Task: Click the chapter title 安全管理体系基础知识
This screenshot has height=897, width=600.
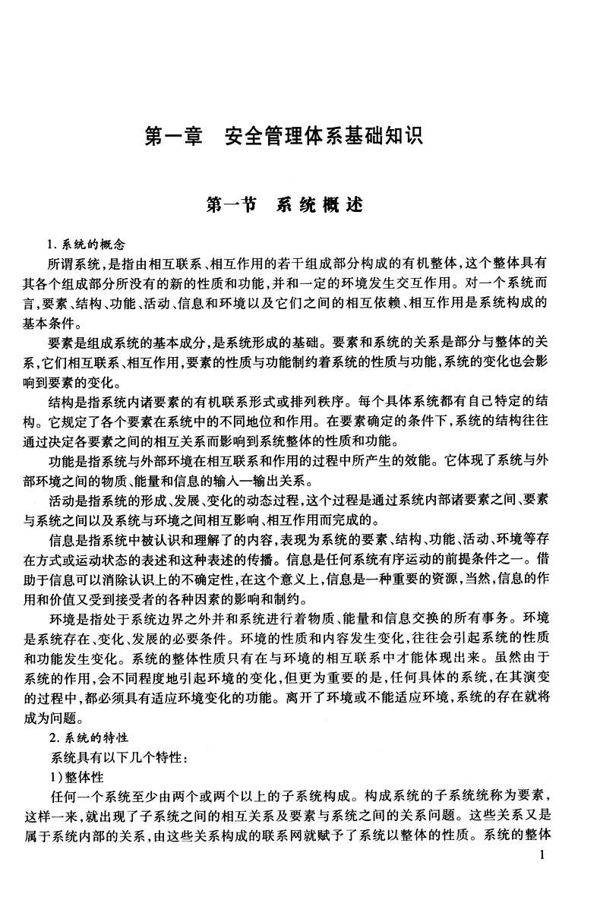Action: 323,137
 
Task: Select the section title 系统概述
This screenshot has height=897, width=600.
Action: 320,204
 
